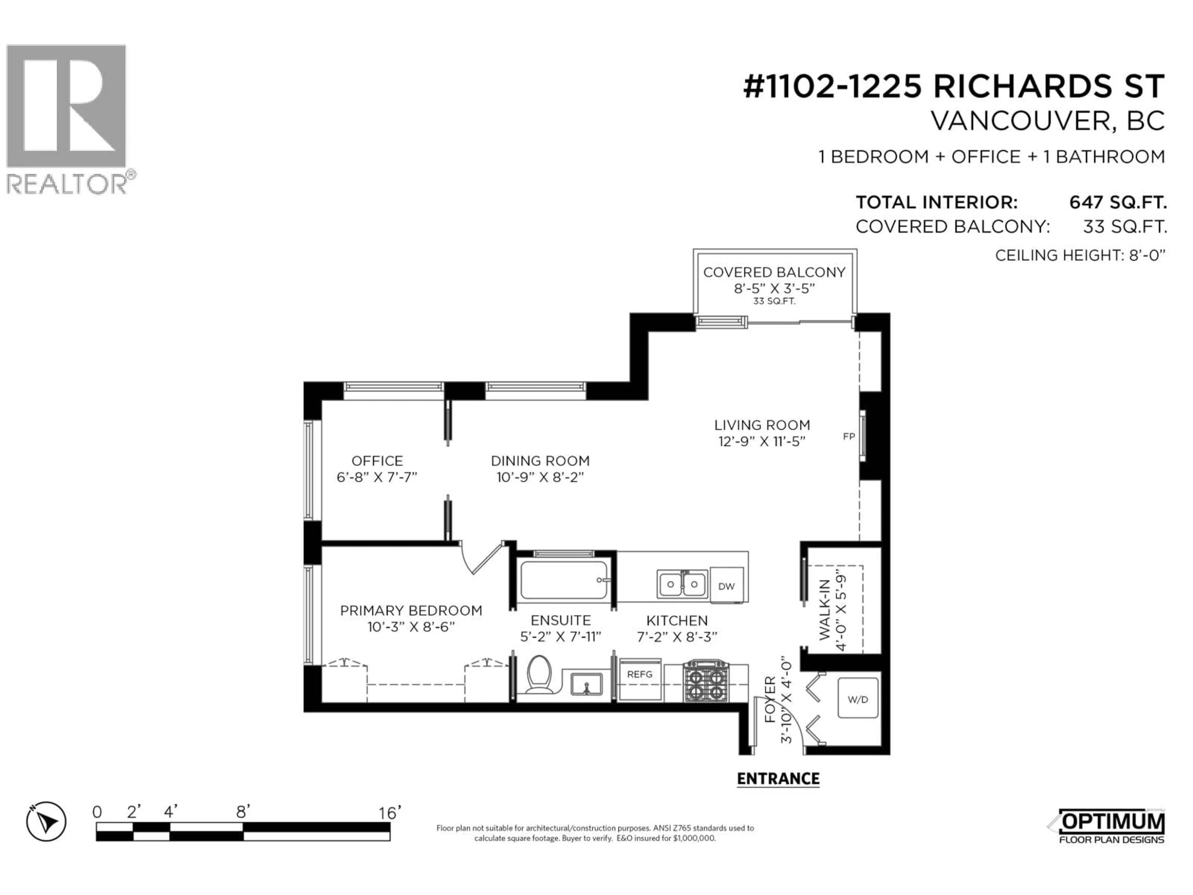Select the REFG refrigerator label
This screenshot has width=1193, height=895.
pyautogui.click(x=640, y=674)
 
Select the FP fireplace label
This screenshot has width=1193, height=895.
pyautogui.click(x=849, y=436)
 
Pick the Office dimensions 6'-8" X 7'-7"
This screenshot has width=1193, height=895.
pyautogui.click(x=377, y=477)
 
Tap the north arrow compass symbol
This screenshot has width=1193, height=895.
pyautogui.click(x=46, y=822)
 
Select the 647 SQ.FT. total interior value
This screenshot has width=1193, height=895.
pyautogui.click(x=1118, y=202)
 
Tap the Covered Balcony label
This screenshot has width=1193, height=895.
pyautogui.click(x=774, y=273)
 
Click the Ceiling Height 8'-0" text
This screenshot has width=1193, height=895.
pyautogui.click(x=1080, y=255)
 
